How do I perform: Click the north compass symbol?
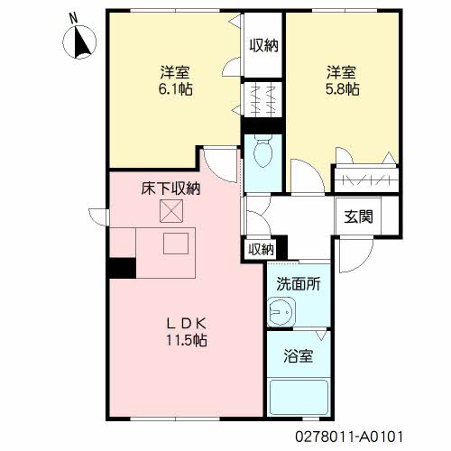80,42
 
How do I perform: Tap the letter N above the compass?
73,19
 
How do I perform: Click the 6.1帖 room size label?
176,89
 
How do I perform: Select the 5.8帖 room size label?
343,89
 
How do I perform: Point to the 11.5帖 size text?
187,340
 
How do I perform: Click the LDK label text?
187,324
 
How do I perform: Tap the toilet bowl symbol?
263,152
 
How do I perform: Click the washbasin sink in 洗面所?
281,312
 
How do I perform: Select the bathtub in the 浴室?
299,397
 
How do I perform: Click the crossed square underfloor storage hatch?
171,211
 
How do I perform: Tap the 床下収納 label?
170,189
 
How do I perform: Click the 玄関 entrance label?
358,216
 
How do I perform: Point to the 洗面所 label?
299,284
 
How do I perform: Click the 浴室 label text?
299,356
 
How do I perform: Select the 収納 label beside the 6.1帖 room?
263,45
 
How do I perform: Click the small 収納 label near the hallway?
261,249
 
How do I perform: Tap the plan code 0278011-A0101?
349,437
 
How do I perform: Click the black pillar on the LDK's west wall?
123,268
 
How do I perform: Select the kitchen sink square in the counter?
176,244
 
